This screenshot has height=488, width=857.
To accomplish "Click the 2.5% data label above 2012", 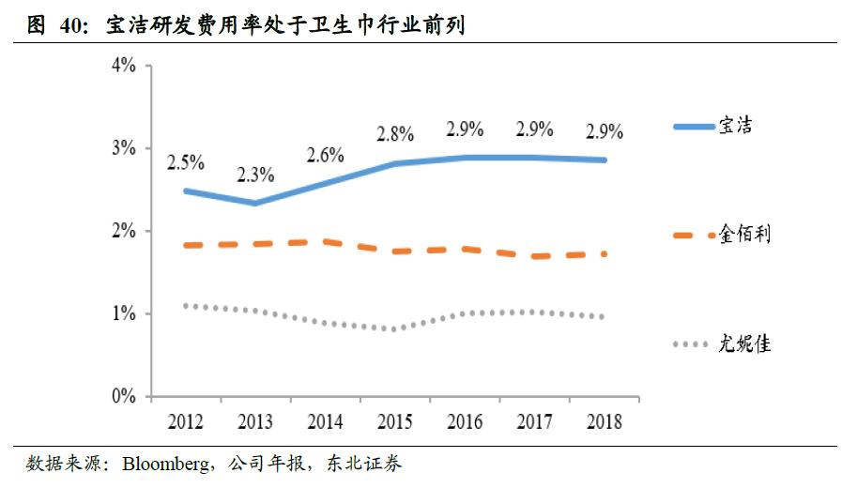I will tap(186, 161).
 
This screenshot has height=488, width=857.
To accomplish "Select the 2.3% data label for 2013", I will tap(254, 174).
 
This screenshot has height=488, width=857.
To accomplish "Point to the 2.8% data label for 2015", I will tap(394, 134).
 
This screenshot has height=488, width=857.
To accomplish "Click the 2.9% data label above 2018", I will tap(604, 129).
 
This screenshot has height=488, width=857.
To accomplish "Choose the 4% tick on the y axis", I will tap(123, 66).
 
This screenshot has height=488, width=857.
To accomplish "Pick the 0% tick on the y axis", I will tap(123, 396).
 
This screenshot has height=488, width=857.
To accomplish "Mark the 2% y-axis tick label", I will tap(123, 231).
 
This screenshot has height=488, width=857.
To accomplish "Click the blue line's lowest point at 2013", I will tap(254, 203).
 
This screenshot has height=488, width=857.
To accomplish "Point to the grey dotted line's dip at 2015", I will tap(394, 328).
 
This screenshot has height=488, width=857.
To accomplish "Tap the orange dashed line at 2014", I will tap(324, 241).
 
